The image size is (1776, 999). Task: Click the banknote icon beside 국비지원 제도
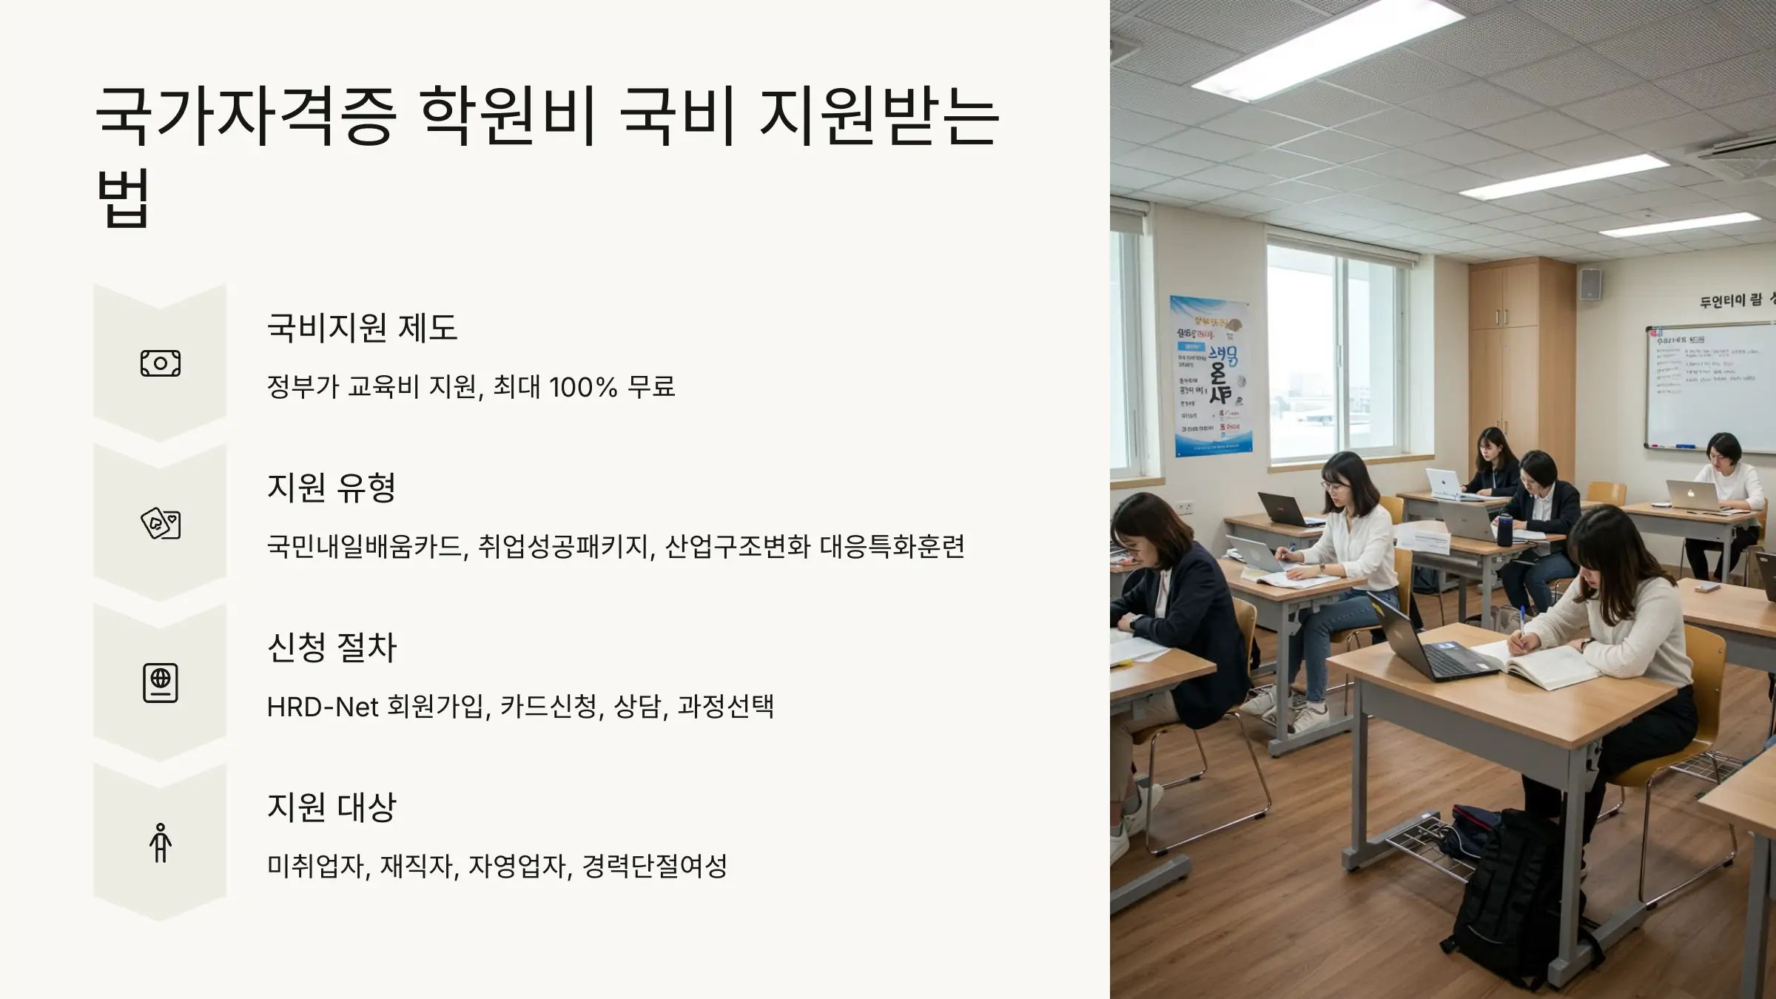click(x=161, y=363)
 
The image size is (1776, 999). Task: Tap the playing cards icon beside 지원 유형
click(x=161, y=523)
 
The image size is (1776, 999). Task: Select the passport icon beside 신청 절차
click(x=161, y=682)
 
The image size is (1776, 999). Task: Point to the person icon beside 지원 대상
click(x=161, y=843)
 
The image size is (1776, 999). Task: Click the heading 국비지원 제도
click(x=362, y=327)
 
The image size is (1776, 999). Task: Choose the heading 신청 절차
click(x=332, y=647)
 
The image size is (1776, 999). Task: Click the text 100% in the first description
click(x=583, y=387)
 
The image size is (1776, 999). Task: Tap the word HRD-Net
click(x=323, y=707)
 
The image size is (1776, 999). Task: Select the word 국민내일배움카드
click(x=365, y=547)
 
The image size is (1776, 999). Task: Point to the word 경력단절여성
click(x=655, y=866)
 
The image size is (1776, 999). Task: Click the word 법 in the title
click(x=124, y=198)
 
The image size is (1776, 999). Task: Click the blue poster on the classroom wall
click(x=1211, y=376)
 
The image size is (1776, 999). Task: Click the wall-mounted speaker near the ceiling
click(x=1590, y=284)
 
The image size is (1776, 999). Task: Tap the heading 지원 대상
click(x=332, y=807)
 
